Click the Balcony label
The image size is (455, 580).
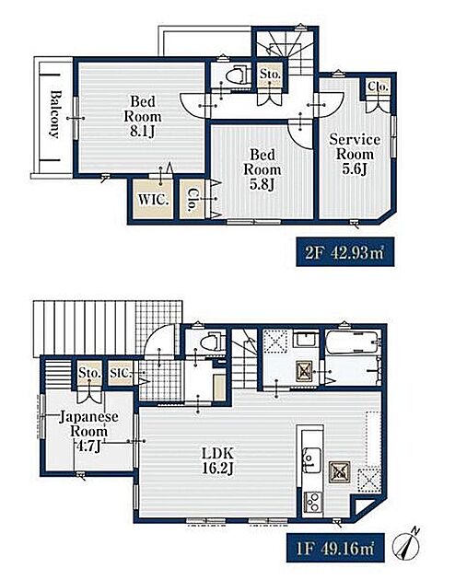coord(54,114)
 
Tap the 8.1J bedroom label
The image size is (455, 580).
coord(143,116)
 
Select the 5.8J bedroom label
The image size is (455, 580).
coord(262,169)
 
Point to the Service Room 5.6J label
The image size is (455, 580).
coord(355,154)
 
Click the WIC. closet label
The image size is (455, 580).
coord(153,200)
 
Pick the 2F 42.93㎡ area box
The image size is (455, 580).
coord(344,252)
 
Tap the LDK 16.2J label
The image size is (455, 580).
coord(217,461)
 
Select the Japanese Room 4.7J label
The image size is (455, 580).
coord(88,431)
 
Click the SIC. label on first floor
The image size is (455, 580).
coord(121,373)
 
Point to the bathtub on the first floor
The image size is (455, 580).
coord(352,342)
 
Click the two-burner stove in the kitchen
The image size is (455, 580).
coord(313,503)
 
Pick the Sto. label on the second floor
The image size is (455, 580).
coord(270,74)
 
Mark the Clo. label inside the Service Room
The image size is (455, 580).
coord(378,87)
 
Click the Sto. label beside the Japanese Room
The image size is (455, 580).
coord(89,373)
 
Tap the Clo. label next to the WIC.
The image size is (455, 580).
coord(192,200)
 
